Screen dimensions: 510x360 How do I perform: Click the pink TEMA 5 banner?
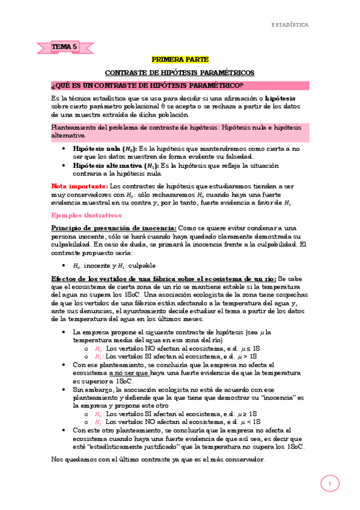pyautogui.click(x=65, y=46)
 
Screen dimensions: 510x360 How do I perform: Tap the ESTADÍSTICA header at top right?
pyautogui.click(x=290, y=25)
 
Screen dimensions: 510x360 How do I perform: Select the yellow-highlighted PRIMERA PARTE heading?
pyautogui.click(x=180, y=60)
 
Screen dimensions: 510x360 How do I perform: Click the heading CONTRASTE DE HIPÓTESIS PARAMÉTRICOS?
pyautogui.click(x=180, y=72)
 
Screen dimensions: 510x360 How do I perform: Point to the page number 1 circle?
pyautogui.click(x=329, y=483)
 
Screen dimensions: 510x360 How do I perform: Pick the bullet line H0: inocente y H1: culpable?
pyautogui.click(x=114, y=265)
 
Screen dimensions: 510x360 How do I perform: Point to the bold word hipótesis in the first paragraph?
pyautogui.click(x=279, y=98)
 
